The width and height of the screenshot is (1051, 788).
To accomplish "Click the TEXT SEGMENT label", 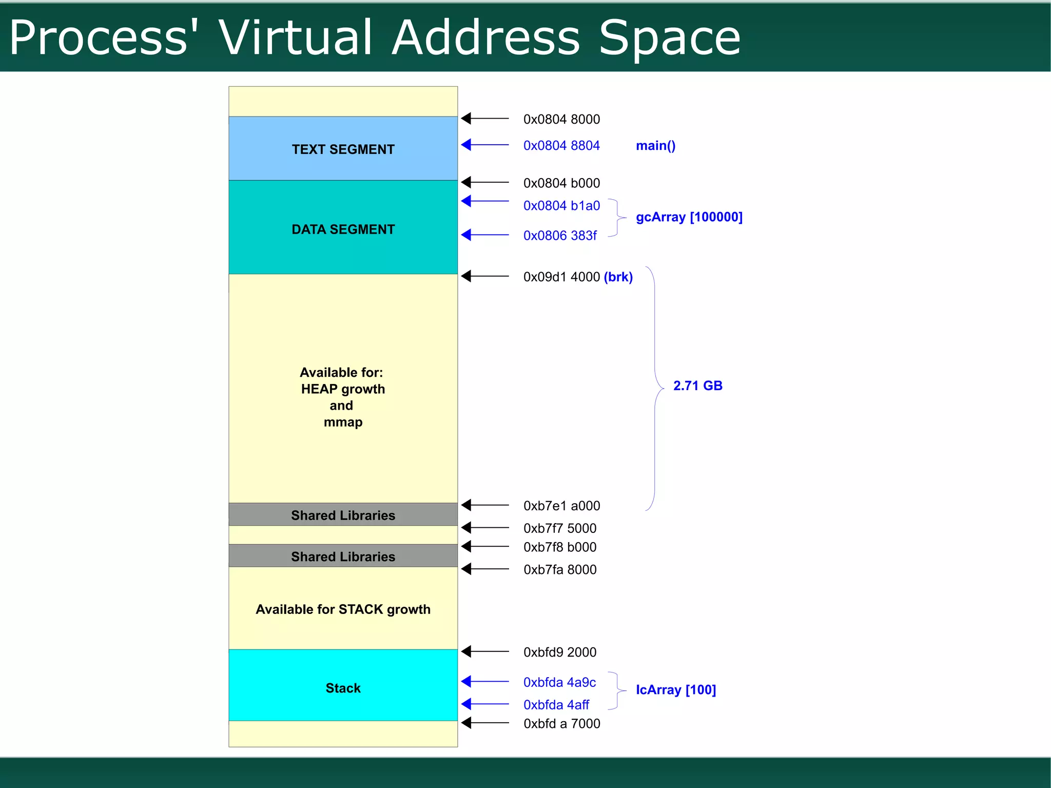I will tap(343, 149).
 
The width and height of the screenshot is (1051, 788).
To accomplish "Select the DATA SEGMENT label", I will tap(343, 229).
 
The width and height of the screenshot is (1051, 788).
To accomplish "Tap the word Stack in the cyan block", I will tap(343, 688).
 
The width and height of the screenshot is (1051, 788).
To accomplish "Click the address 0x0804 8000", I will tap(561, 119).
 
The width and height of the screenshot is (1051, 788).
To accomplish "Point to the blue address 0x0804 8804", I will tap(561, 146).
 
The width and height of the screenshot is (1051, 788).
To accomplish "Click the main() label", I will tap(655, 146).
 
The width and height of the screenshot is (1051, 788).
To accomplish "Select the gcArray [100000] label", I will tap(689, 217).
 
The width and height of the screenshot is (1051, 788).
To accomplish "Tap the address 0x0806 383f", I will tap(560, 236).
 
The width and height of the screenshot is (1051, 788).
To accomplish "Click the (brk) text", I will tap(618, 277).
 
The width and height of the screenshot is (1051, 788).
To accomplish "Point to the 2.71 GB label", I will tap(697, 386).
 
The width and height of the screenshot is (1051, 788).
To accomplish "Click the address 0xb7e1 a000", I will tap(561, 506).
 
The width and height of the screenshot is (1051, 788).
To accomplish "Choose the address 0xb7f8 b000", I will tap(560, 547).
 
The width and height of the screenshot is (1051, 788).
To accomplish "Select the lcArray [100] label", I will tap(675, 690).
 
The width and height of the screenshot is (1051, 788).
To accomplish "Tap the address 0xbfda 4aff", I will tap(556, 705).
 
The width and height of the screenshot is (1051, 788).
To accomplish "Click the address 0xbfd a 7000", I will tap(561, 724).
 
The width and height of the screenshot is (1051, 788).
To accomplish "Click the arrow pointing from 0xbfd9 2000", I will tap(484, 651).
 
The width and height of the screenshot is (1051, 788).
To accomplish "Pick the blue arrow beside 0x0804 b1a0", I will tap(484, 201).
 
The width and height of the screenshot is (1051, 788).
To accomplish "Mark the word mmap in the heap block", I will tap(343, 422).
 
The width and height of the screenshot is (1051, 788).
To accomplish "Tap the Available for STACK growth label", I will tap(343, 609).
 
